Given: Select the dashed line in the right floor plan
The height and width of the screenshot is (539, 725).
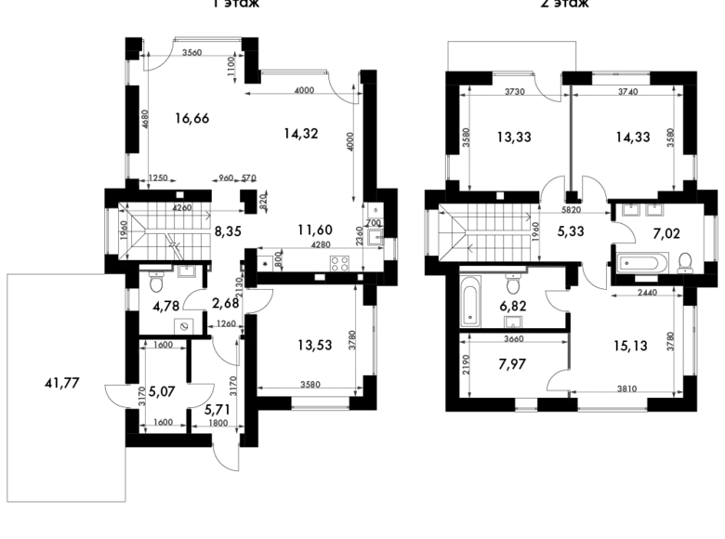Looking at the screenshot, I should (x=488, y=212).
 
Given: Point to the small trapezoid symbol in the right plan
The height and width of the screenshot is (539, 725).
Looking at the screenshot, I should (x=647, y=276).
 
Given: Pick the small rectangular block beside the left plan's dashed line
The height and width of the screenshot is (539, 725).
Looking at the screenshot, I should (x=267, y=200).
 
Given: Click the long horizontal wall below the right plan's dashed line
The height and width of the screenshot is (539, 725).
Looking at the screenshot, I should (x=512, y=270).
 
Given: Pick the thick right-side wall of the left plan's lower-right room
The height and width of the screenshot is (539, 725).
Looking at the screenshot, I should (x=359, y=339).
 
